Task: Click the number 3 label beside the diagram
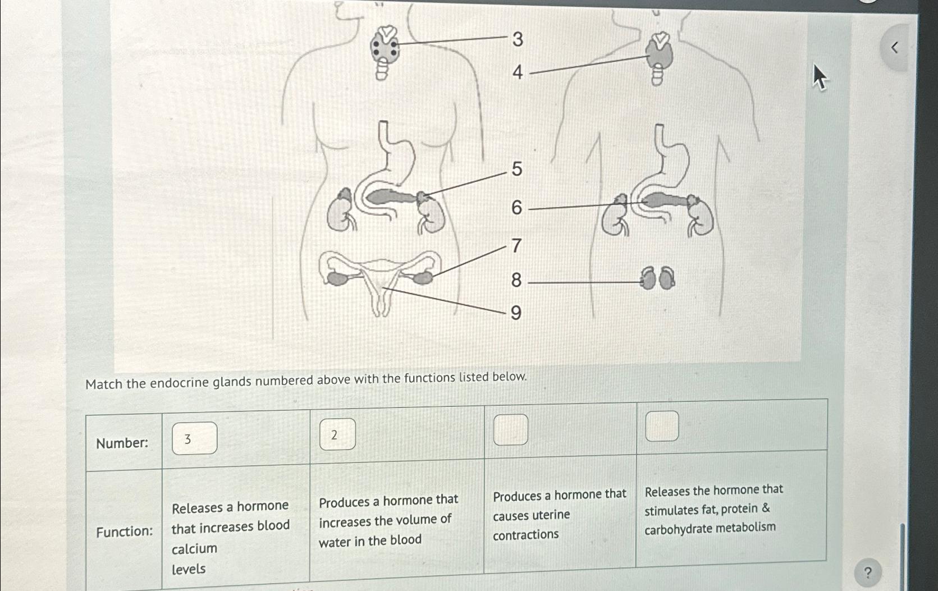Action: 518,39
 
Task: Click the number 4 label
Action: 518,72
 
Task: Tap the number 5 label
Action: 517,169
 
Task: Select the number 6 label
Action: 516,208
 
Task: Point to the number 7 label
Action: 516,246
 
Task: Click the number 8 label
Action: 516,280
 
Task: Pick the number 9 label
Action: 516,313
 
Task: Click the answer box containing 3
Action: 194,438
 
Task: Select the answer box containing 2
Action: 337,434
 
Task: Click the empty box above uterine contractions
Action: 510,430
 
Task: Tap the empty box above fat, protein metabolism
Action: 662,426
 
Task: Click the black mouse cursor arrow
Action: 820,77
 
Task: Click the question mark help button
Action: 868,573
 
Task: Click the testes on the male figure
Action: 658,278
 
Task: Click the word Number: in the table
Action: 122,443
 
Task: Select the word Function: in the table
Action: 124,532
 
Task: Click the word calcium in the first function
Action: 194,548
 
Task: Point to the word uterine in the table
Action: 531,515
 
